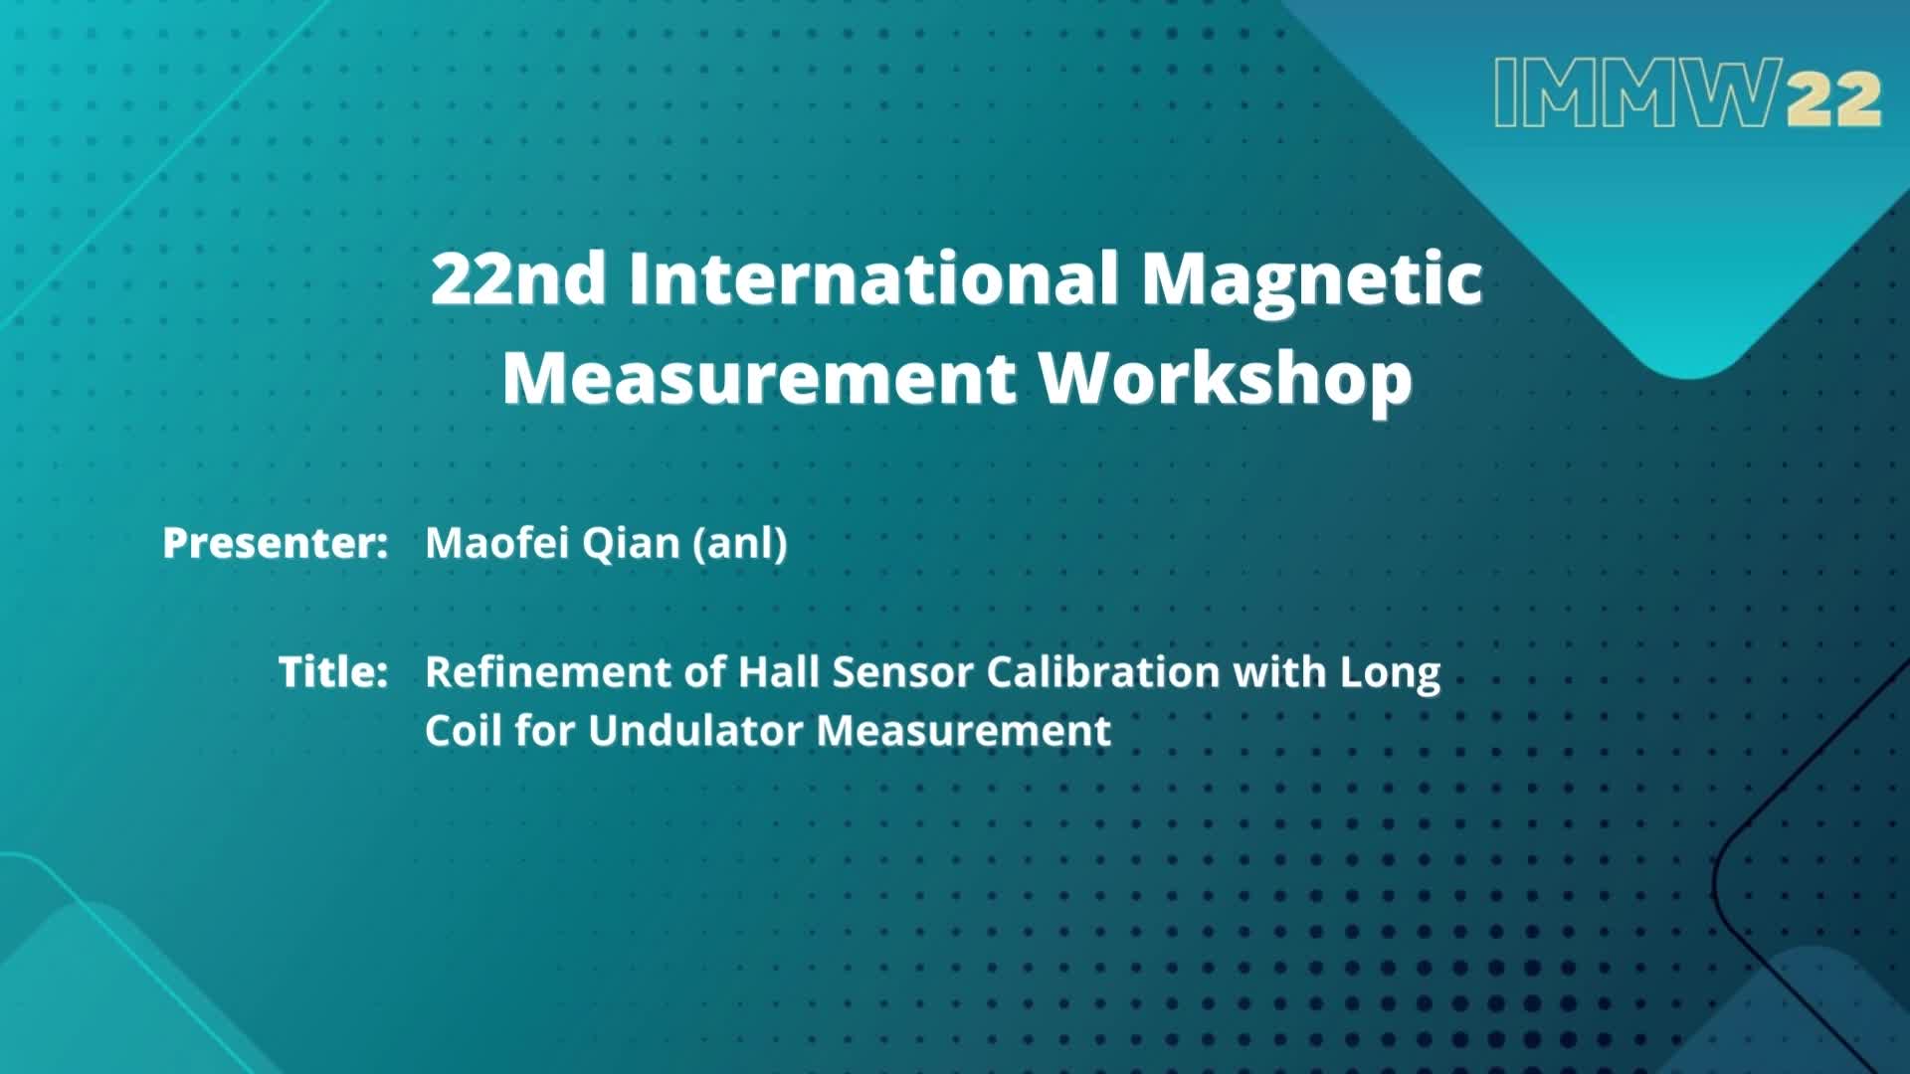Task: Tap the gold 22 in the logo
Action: pyautogui.click(x=1831, y=99)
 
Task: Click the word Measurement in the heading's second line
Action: pyautogui.click(x=759, y=378)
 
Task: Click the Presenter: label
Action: pyautogui.click(x=275, y=543)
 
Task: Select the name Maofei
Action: pyautogui.click(x=496, y=543)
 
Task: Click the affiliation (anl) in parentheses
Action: pyautogui.click(x=740, y=544)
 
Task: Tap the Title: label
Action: pyautogui.click(x=332, y=672)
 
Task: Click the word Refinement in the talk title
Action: pyautogui.click(x=548, y=672)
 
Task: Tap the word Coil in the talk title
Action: pyautogui.click(x=464, y=731)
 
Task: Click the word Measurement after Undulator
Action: pyautogui.click(x=964, y=731)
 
